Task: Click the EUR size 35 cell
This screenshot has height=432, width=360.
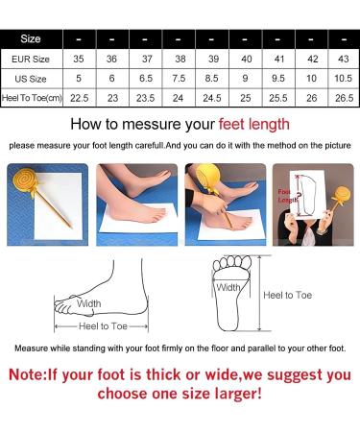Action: coord(79,59)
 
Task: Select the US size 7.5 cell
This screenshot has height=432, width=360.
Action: coord(179,79)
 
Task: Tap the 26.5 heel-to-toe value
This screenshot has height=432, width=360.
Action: coord(344,98)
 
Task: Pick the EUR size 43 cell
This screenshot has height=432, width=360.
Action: coord(344,59)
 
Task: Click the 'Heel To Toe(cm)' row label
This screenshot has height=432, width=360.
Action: coord(32,98)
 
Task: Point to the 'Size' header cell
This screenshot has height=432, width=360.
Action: coord(31,38)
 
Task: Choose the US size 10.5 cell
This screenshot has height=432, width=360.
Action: coord(344,79)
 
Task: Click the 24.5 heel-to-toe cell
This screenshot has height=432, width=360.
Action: coord(212,98)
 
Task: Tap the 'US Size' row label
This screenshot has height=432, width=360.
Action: coord(31,79)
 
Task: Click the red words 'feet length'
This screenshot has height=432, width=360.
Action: coord(254,125)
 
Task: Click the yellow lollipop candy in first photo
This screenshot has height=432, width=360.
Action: coord(24,181)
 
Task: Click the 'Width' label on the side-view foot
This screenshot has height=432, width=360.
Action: coord(89,303)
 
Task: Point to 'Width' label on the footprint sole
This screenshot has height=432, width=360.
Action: coord(228,287)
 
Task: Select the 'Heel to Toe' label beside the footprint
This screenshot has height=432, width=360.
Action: coord(287,295)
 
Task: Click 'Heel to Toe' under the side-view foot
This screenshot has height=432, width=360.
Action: coord(103,326)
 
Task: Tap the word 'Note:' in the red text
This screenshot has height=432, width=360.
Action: coord(28,374)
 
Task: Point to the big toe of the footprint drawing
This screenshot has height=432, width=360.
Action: coord(246,262)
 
